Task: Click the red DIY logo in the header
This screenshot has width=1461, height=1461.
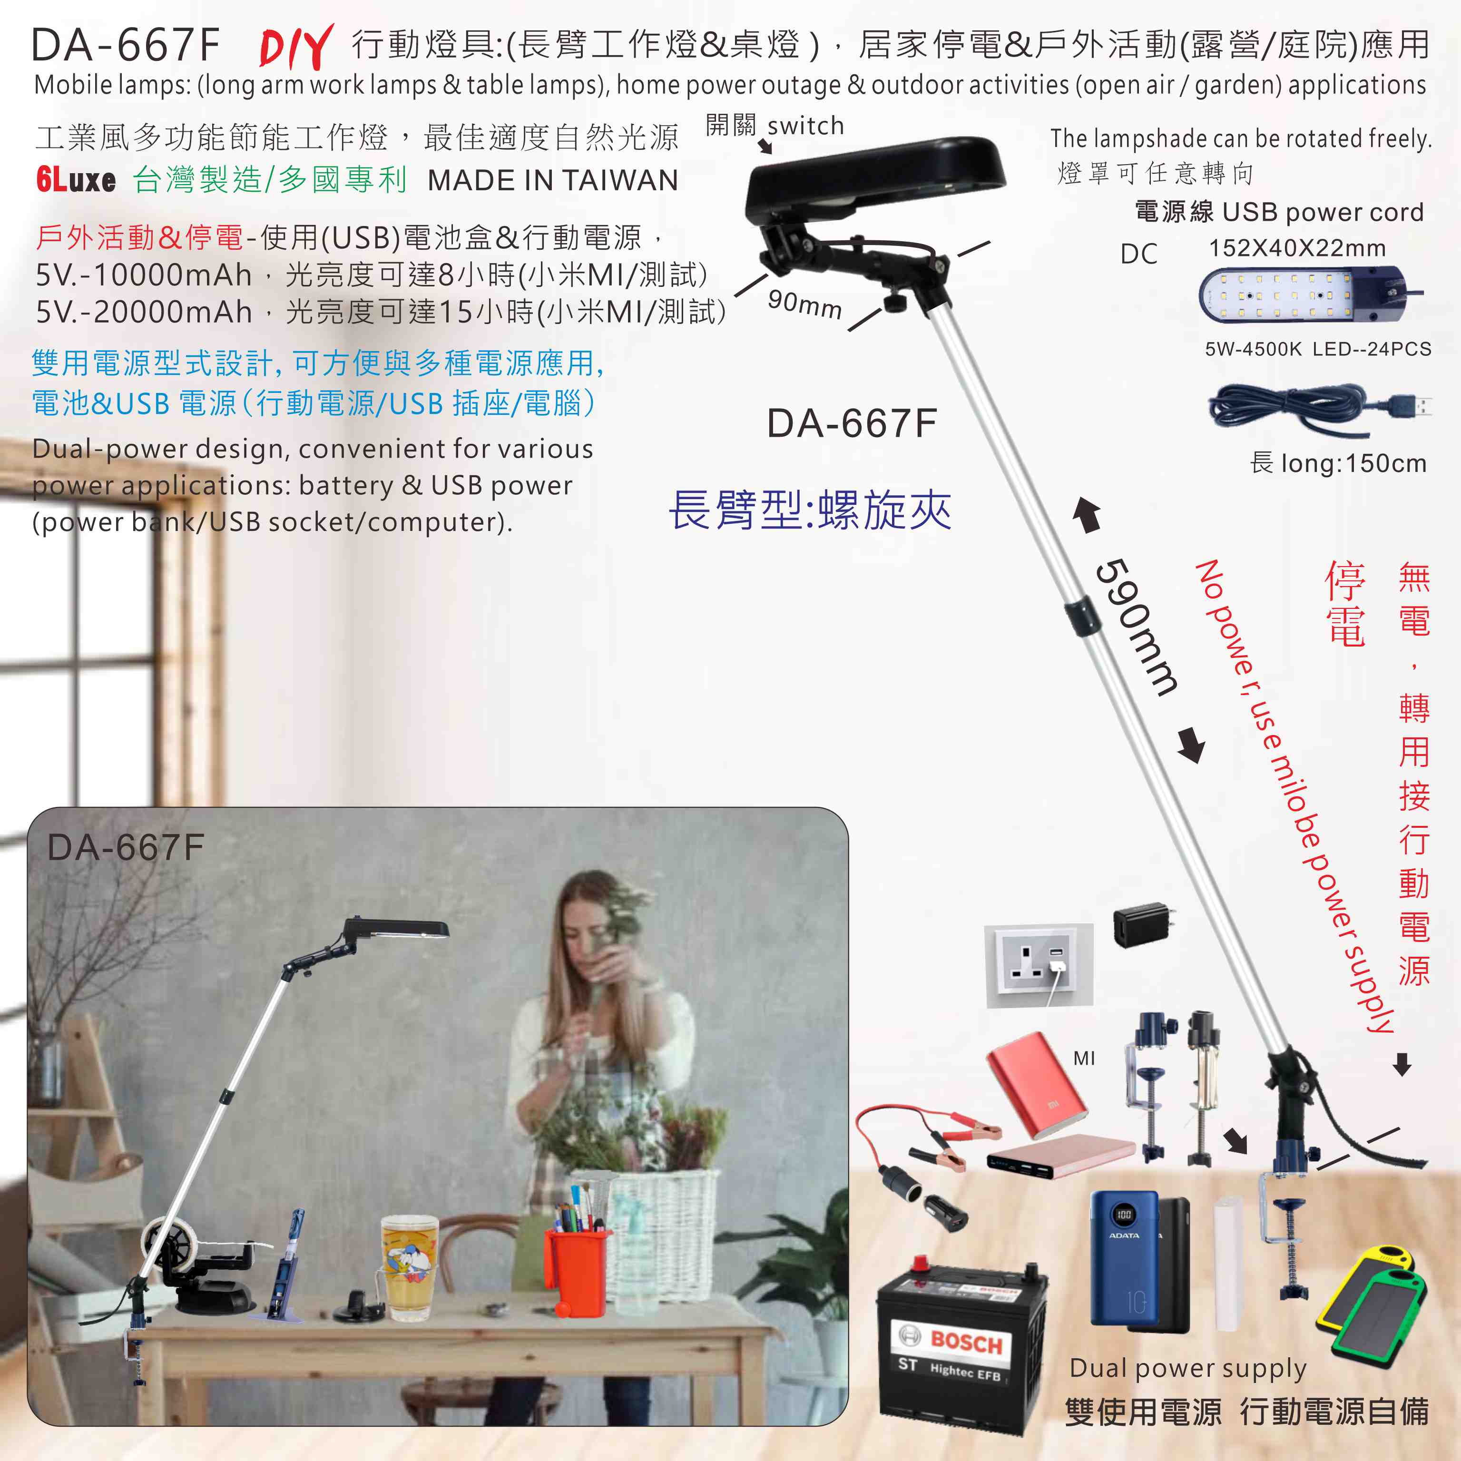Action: pyautogui.click(x=296, y=46)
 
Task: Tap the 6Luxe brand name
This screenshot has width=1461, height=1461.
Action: pyautogui.click(x=76, y=180)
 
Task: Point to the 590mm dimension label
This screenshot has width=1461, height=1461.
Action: pyautogui.click(x=1136, y=626)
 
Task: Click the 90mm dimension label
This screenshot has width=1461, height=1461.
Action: pyautogui.click(x=804, y=304)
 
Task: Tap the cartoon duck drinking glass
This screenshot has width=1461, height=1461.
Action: pyautogui.click(x=409, y=1266)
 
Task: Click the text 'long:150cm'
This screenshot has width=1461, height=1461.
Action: pyautogui.click(x=1353, y=463)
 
